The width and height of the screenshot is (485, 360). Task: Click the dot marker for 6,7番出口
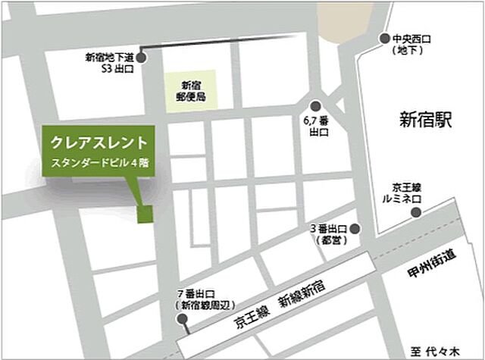pyautogui.click(x=315, y=107)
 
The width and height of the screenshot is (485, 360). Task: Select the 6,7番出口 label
pyautogui.click(x=315, y=126)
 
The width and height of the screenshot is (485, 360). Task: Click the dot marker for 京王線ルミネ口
pyautogui.click(x=415, y=213)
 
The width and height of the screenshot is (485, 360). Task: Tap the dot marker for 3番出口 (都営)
pyautogui.click(x=353, y=229)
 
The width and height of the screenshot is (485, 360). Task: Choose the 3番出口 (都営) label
pyautogui.click(x=328, y=234)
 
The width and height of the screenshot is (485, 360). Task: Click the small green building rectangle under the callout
pyautogui.click(x=144, y=214)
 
